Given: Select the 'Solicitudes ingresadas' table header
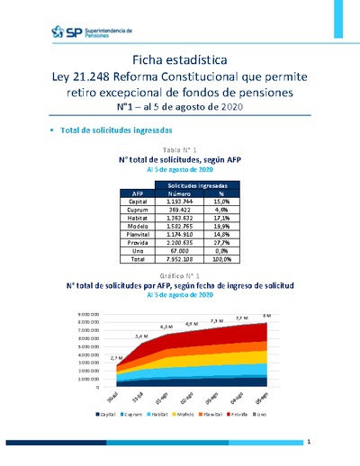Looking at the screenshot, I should click(x=197, y=184).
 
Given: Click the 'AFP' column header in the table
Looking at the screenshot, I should click(x=138, y=193).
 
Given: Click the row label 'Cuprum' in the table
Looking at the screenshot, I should click(x=138, y=210).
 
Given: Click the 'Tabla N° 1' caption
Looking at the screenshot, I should click(x=179, y=148).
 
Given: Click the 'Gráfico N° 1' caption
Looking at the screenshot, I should click(x=179, y=274).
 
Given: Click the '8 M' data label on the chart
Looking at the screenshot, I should click(x=265, y=315).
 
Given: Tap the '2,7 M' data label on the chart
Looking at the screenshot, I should click(x=114, y=359).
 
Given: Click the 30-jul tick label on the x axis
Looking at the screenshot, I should click(x=112, y=396).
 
